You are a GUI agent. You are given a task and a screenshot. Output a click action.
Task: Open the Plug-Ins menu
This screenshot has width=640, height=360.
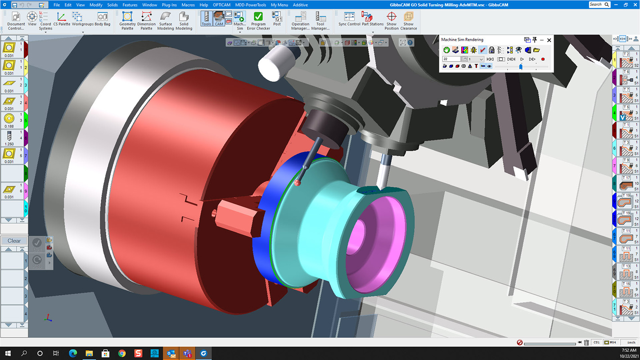click(169, 5)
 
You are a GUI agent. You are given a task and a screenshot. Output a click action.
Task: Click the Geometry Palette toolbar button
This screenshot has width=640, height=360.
click(127, 21)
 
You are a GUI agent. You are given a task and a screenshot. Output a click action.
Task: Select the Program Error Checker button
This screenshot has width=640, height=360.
click(258, 21)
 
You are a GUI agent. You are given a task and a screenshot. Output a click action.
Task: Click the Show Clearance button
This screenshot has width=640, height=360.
click(409, 21)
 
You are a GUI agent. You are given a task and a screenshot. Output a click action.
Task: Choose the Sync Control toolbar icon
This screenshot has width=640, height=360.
click(349, 21)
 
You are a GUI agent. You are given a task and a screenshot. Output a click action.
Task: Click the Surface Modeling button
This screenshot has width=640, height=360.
click(165, 21)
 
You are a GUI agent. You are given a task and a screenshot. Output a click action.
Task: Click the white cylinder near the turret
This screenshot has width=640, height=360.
click(274, 62)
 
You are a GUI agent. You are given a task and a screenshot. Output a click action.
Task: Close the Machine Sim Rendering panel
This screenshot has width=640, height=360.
click(549, 40)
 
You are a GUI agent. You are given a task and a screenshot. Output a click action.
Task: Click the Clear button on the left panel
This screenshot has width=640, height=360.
click(14, 241)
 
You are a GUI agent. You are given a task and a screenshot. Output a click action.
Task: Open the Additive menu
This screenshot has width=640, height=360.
click(300, 5)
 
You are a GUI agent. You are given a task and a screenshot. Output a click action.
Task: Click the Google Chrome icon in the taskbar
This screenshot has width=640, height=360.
click(122, 353)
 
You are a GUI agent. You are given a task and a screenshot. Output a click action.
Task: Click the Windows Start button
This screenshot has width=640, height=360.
click(8, 353)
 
